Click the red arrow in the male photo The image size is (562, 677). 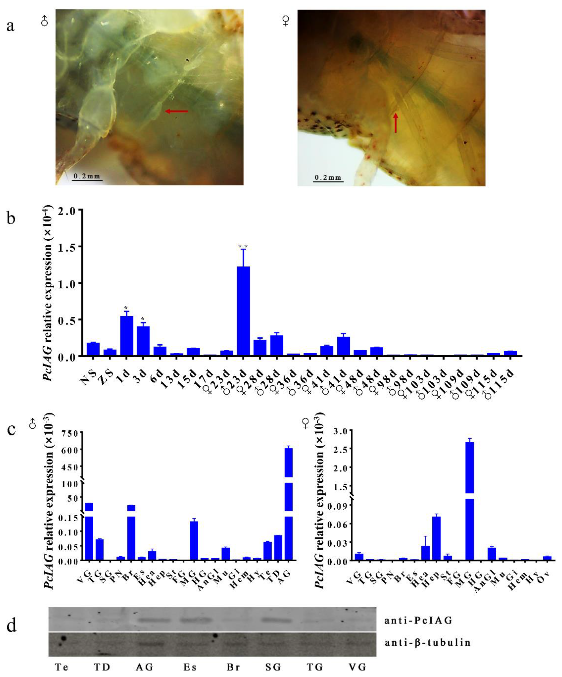(177, 111)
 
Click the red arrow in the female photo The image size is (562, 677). (396, 122)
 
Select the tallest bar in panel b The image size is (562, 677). (243, 311)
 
